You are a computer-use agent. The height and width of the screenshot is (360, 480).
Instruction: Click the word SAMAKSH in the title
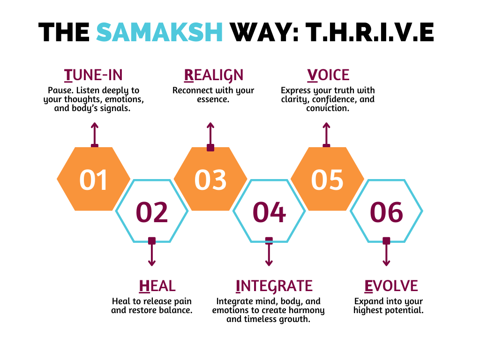click(159, 33)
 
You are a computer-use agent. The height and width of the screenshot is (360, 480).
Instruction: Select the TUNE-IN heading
click(93, 75)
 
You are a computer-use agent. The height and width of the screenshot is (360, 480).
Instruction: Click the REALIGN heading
click(214, 75)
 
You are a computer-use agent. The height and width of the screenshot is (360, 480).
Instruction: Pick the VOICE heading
click(328, 75)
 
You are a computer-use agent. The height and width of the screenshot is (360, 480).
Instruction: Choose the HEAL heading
click(157, 285)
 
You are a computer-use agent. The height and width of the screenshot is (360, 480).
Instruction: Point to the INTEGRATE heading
click(274, 285)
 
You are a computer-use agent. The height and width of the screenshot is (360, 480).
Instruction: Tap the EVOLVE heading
click(391, 285)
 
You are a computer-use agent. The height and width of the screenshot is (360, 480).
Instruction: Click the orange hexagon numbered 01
click(94, 179)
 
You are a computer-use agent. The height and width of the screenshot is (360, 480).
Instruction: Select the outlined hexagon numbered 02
click(152, 211)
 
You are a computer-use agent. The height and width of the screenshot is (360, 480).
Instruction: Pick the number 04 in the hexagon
click(269, 212)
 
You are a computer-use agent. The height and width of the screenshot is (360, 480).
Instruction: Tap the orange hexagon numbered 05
click(327, 179)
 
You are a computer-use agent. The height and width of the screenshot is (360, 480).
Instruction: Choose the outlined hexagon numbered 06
click(386, 211)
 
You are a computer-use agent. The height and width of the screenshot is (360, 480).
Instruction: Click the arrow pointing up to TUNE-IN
click(95, 135)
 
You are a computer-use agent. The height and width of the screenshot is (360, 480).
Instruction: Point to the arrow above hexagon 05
click(326, 135)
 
